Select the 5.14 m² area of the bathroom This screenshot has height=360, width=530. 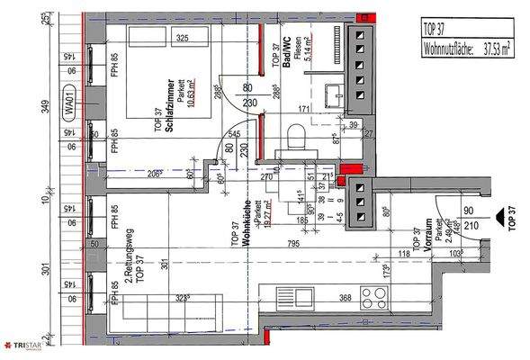(x=305, y=61)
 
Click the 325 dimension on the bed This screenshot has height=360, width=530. (x=181, y=40)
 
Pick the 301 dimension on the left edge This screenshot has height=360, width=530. (x=44, y=270)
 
